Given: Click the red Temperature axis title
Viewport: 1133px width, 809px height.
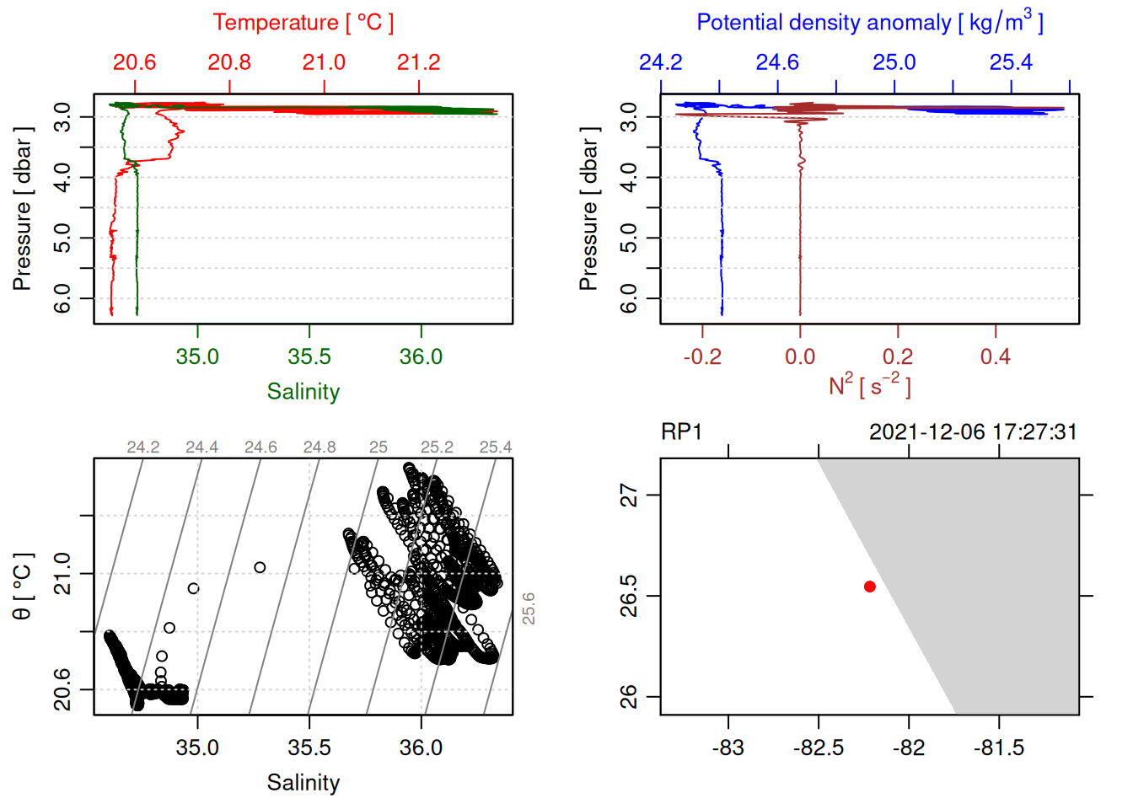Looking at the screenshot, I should tap(303, 23).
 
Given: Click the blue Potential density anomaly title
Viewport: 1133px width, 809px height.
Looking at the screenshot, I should tap(869, 23).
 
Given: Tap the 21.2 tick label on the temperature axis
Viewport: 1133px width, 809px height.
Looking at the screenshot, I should tap(419, 62).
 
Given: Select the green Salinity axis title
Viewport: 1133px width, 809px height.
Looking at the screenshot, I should tap(303, 392).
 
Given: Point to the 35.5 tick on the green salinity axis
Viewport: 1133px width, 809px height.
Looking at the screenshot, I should tap(309, 356).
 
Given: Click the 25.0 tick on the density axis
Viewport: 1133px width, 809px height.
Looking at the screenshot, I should tap(894, 62).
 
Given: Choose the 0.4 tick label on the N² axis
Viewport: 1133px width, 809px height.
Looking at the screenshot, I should tap(996, 356).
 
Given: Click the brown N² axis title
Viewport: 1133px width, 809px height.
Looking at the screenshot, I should tap(869, 386).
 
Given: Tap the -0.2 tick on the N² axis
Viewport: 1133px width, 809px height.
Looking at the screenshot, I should tap(702, 356).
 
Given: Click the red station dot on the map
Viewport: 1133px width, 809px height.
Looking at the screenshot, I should tap(869, 587).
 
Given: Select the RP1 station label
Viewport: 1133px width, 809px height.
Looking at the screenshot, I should tap(681, 432).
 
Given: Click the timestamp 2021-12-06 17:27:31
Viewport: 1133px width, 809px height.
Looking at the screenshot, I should tap(973, 432).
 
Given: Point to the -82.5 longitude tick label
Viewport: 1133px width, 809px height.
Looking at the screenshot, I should tap(818, 747).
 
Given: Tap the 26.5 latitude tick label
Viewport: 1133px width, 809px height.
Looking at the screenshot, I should tap(629, 596).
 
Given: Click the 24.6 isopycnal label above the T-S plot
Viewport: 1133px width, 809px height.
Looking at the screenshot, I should tap(260, 447).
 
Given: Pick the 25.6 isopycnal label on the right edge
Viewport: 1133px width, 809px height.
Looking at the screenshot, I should tap(529, 608).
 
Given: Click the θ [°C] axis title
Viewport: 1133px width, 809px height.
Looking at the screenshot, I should tap(23, 587).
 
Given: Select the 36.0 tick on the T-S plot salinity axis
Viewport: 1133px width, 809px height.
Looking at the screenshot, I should tap(421, 747).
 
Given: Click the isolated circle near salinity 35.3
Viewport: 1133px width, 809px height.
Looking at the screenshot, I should tap(260, 567).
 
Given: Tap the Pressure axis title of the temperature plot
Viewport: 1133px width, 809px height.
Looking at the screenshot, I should tap(23, 209).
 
